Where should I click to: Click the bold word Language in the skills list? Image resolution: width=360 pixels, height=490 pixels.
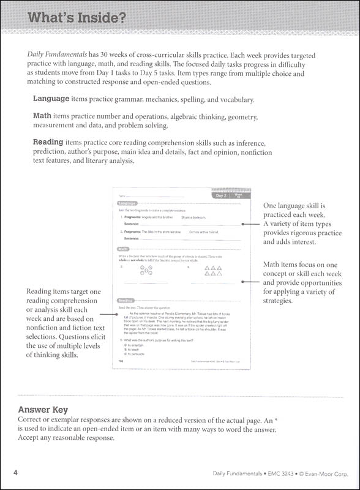[51, 99]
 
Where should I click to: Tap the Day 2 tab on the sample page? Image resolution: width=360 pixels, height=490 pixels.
[222, 196]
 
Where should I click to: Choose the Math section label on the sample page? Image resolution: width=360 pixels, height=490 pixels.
[122, 249]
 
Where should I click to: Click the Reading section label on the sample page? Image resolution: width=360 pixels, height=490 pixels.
[126, 300]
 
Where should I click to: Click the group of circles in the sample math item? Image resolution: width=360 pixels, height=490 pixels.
[147, 271]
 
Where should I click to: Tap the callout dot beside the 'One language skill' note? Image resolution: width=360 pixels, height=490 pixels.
[243, 224]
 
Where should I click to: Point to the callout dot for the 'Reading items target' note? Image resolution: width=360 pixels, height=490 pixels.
[116, 314]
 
